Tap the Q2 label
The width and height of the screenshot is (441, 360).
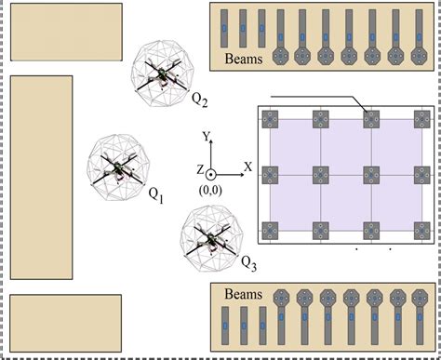(x=199, y=97)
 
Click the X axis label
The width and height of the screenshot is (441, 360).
(x=247, y=167)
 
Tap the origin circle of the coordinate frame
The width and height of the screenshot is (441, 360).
(x=211, y=173)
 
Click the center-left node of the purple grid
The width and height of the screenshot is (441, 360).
(x=271, y=174)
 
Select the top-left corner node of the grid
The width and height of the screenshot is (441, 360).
(x=271, y=119)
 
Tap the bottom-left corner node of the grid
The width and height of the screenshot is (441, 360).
(x=271, y=229)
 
